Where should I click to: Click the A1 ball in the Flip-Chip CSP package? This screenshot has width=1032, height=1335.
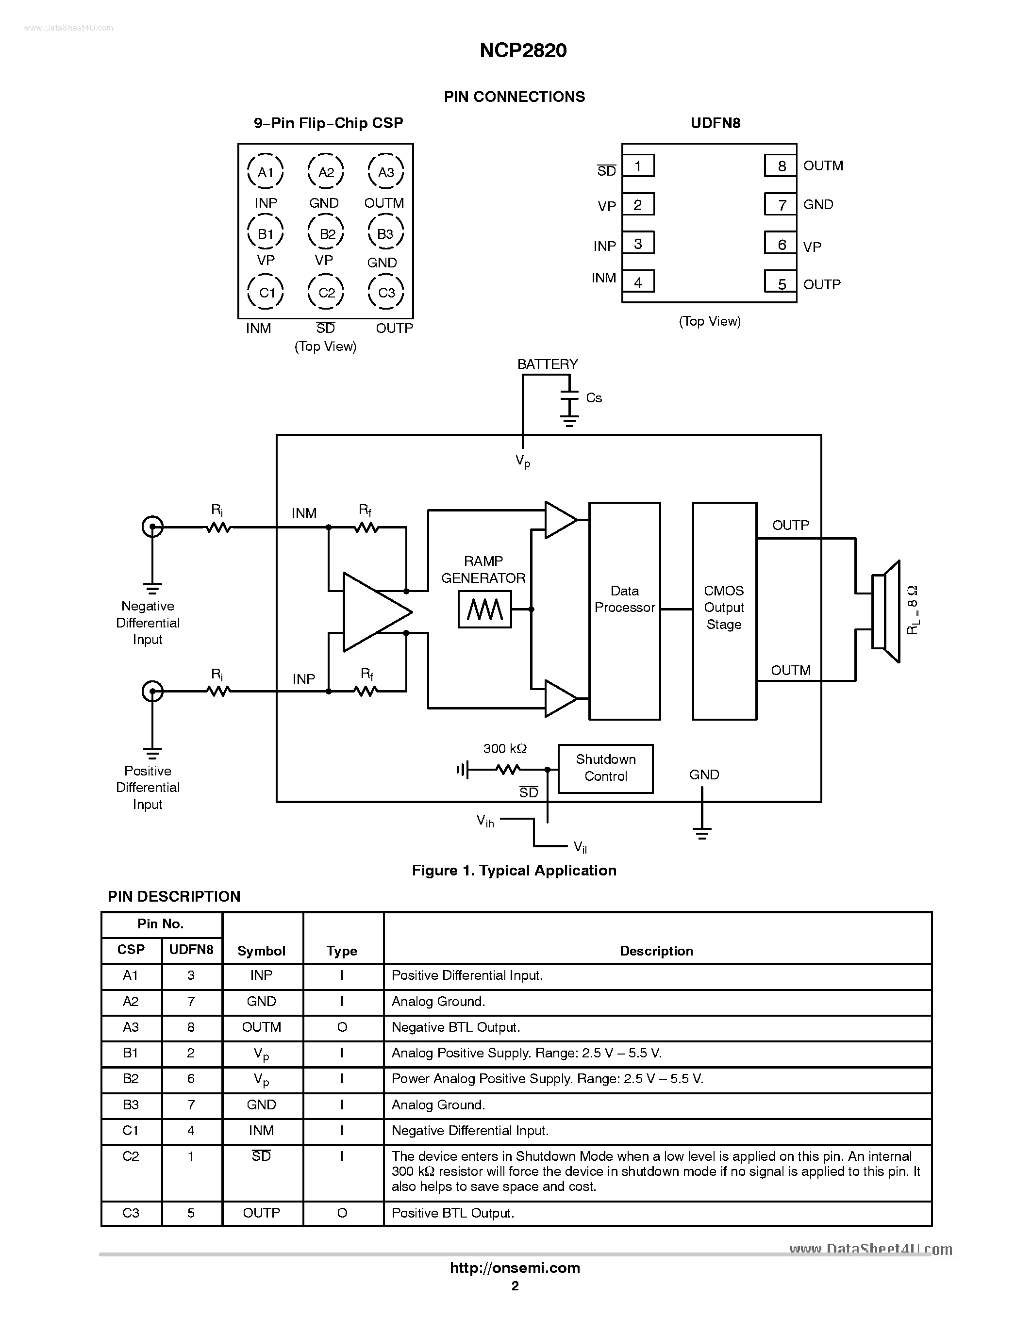(x=266, y=172)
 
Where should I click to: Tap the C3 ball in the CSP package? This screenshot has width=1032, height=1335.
(x=386, y=293)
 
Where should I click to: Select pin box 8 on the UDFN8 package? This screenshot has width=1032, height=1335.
(x=781, y=165)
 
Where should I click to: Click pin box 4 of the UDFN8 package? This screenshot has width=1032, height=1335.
(x=638, y=282)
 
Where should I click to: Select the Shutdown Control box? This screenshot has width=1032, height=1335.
(x=605, y=768)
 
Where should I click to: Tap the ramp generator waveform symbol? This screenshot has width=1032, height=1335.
(x=485, y=610)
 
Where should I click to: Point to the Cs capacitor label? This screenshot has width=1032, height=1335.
(x=594, y=398)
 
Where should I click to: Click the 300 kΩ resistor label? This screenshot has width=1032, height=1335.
(x=504, y=748)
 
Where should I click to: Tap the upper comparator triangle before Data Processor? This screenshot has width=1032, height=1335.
(x=559, y=520)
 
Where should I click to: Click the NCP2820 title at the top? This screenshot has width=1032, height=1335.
(x=523, y=50)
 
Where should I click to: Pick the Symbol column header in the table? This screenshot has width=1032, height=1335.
(x=262, y=951)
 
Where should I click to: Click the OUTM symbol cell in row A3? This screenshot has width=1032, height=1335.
(x=262, y=1027)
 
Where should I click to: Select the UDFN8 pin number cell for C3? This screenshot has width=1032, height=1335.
(x=191, y=1213)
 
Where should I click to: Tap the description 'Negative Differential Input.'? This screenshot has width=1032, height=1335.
(x=469, y=1131)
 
